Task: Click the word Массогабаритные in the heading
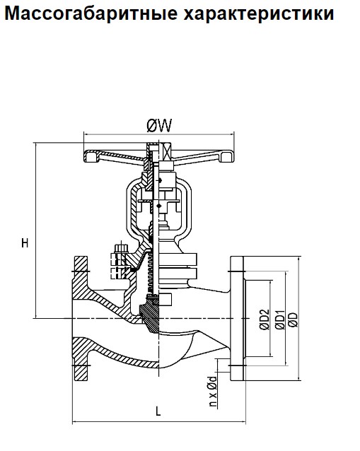coord(91,13)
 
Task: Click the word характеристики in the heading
coord(259,13)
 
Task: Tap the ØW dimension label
coord(159,125)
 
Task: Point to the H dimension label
coord(25,243)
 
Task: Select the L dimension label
coord(158,411)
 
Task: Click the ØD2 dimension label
coord(265,320)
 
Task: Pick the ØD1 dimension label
coord(280,320)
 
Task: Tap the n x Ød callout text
coord(213,391)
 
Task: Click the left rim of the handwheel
coord(91,156)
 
